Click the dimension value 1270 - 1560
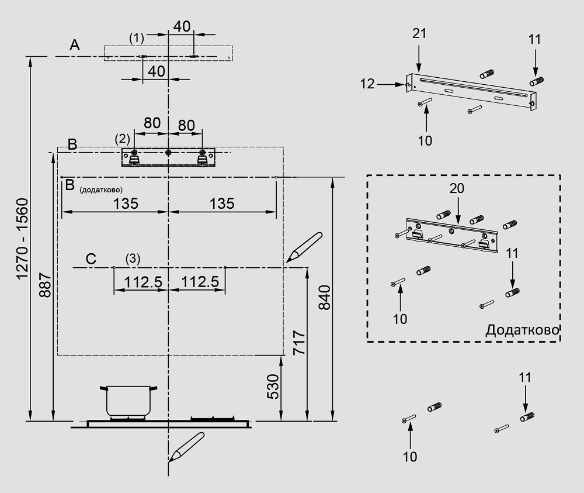(x=22, y=238)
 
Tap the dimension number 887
(x=46, y=285)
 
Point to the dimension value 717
(x=299, y=344)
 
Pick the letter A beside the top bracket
(x=74, y=45)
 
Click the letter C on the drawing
(x=91, y=258)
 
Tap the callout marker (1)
(x=136, y=38)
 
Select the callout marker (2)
(x=123, y=139)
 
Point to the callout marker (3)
(x=133, y=258)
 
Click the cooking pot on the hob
(x=128, y=401)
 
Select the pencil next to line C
(x=304, y=246)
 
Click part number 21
(x=419, y=33)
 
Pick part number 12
(x=367, y=84)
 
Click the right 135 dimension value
(x=222, y=204)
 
